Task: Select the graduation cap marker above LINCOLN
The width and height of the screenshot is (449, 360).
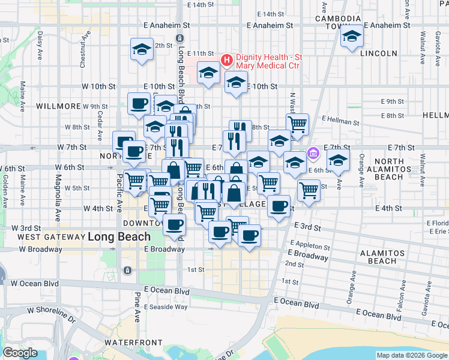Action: coord(352,37)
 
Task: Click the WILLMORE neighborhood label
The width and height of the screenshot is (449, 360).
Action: coord(58,106)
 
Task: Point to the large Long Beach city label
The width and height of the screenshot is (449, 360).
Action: coord(119,236)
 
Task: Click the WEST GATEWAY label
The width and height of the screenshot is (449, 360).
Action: coord(50,237)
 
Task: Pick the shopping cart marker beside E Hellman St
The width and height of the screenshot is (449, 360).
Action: coord(297,124)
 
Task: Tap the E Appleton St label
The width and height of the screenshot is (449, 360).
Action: coord(310,245)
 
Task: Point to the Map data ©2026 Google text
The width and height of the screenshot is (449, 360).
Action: coord(411,355)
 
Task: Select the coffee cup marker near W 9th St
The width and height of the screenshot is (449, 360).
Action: coord(139,104)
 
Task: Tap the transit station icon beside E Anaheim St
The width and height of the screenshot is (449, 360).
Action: coord(179,38)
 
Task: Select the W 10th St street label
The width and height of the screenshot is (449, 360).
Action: coord(99,86)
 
